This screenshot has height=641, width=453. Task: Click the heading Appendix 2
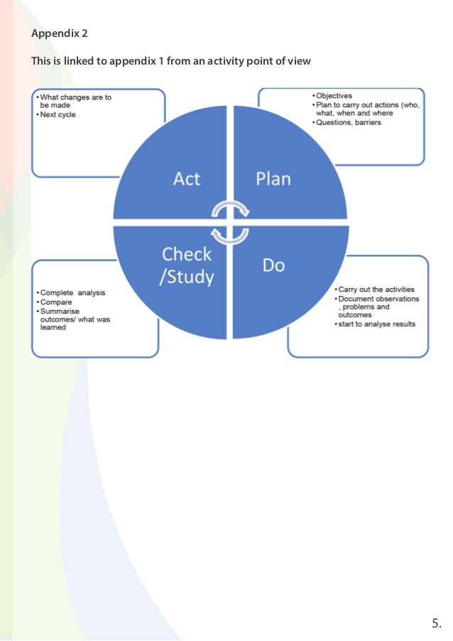[x=60, y=33]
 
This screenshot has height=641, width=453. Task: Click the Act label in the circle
[x=187, y=179]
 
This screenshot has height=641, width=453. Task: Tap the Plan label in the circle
[x=273, y=179]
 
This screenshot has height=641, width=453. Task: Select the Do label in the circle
[x=273, y=265]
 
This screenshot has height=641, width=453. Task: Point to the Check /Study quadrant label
[x=187, y=265]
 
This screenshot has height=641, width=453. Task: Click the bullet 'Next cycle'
[x=58, y=115]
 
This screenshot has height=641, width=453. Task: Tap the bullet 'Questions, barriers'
[x=349, y=122]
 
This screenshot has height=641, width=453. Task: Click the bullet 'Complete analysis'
[x=73, y=292]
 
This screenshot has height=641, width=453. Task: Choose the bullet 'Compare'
[x=56, y=302]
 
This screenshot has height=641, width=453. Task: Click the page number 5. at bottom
[x=436, y=624]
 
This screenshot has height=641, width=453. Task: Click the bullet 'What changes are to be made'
[x=75, y=101]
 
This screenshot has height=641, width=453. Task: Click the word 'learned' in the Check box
[x=53, y=327]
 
